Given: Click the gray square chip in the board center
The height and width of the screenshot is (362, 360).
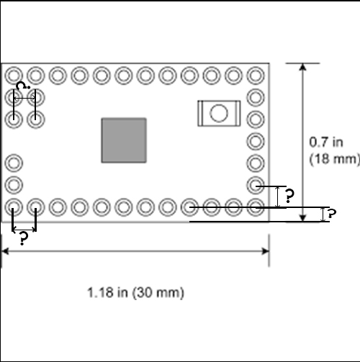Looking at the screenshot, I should coord(124,140).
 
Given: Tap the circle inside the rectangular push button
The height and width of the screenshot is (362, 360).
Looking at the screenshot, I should coord(217,113).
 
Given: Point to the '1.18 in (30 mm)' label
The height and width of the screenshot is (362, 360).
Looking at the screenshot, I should coord(136,293).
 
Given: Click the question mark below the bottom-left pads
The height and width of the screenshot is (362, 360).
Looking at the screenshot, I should coord(24,239).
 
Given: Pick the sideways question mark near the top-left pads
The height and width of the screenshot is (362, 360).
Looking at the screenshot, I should coord(24,86).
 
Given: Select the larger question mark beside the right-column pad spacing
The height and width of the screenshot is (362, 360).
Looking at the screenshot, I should coord(289,196).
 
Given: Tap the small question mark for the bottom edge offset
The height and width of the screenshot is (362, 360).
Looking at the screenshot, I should coord(331,214).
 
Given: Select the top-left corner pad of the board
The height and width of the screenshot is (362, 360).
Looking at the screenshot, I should coord(14,75).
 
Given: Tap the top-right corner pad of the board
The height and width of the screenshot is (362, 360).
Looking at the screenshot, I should coord(255,75).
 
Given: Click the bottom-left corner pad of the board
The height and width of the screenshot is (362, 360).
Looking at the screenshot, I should coord(14,208).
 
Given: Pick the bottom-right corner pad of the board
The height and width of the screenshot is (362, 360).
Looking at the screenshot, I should coord(255,208).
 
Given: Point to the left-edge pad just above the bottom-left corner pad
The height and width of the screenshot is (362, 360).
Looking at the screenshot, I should coord(14,186).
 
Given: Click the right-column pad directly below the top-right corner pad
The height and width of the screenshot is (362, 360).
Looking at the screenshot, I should coord(255,97).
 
